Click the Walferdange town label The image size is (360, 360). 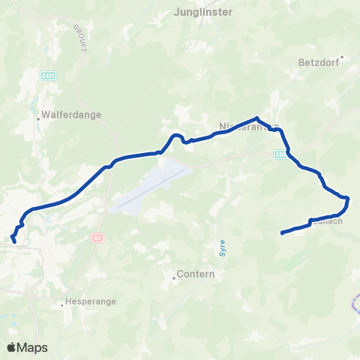pyautogui.click(x=73, y=115)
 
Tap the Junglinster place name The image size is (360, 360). pyautogui.click(x=202, y=12)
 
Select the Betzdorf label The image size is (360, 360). pyautogui.click(x=319, y=64)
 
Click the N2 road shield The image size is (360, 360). pyautogui.click(x=97, y=238)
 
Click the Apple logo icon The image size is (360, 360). pyautogui.click(x=10, y=347)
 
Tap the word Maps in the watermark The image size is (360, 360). pyautogui.click(x=32, y=347)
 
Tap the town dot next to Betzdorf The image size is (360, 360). pyautogui.click(x=341, y=56)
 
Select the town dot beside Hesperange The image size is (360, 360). pyautogui.click(x=61, y=304)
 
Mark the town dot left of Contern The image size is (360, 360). pyautogui.click(x=174, y=275)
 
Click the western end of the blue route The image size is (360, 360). pyautogui.click(x=14, y=241)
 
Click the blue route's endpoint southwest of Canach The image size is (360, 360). pyautogui.click(x=282, y=233)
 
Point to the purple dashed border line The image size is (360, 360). pyautogui.click(x=353, y=304)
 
